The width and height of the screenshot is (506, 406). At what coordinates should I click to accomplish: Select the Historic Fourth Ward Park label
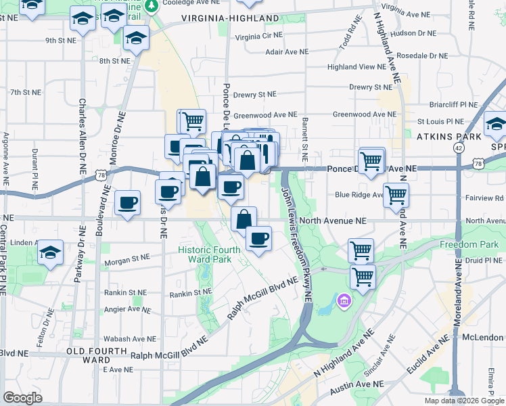tap(209, 254)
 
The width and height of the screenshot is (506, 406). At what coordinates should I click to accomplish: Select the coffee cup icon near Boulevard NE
tap(127, 203)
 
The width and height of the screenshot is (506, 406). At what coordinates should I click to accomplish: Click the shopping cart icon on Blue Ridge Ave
tap(396, 195)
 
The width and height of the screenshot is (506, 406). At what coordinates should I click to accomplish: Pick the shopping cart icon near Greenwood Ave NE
tap(192, 122)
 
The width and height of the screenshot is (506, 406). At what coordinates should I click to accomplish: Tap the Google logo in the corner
tap(22, 398)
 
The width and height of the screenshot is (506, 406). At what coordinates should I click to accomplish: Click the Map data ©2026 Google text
tap(463, 401)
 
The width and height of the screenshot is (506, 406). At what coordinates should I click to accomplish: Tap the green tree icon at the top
tap(153, 5)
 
